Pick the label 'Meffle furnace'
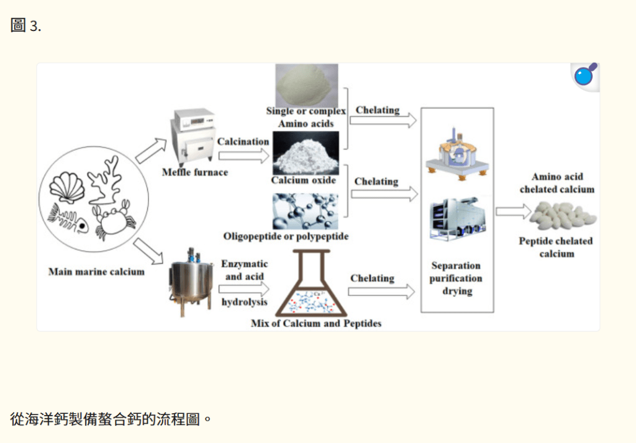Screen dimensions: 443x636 pos(194,172)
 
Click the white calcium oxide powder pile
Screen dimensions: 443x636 pos(306,154)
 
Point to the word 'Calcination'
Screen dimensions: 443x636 pos(243,141)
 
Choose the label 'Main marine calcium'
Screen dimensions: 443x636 pos(96,272)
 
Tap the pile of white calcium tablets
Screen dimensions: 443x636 pos(563,215)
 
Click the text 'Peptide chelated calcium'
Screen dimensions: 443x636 pos(556,247)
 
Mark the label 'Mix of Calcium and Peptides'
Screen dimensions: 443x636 pos(316,323)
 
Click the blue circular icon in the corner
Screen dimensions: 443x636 pos(584,76)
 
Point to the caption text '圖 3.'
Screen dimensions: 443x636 pos(26,26)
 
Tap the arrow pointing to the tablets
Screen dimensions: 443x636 pos(511,211)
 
